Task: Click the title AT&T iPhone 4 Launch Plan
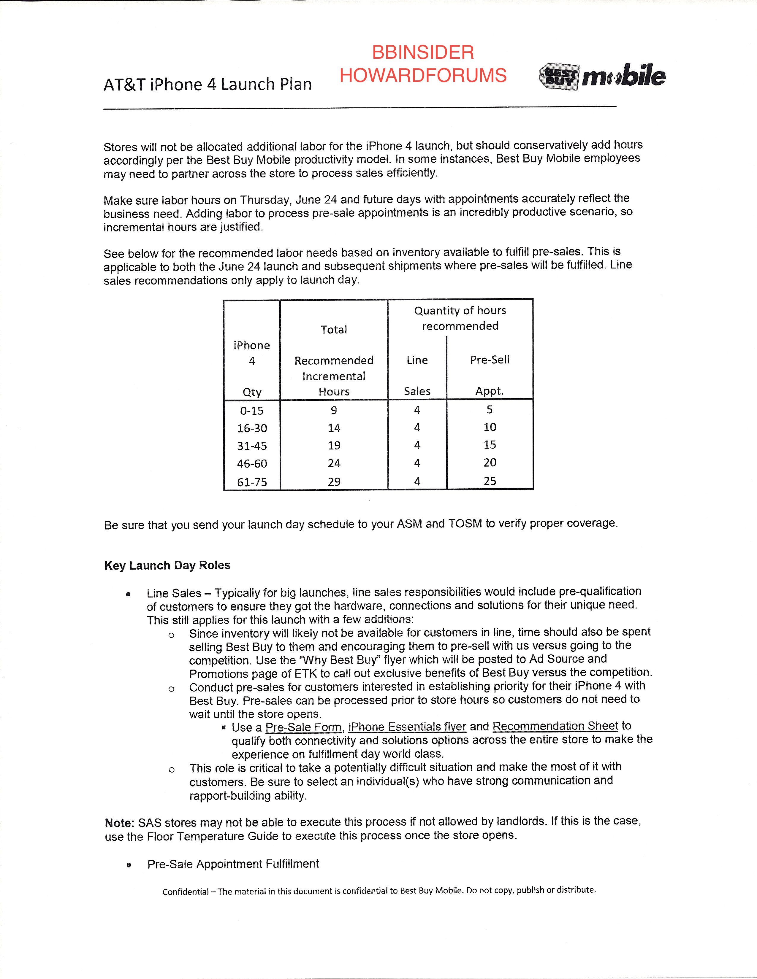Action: coord(208,84)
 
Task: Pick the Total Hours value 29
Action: coord(334,482)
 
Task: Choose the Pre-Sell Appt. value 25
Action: coord(490,481)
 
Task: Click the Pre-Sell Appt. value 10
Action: coord(490,427)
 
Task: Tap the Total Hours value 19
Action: coord(334,446)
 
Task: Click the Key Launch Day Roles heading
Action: coord(167,565)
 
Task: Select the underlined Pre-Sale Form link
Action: coord(304,727)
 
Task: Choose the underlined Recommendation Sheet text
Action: coord(555,726)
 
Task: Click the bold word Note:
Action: coord(119,823)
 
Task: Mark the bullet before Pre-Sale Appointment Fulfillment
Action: coord(129,865)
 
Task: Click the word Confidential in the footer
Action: coord(185,891)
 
